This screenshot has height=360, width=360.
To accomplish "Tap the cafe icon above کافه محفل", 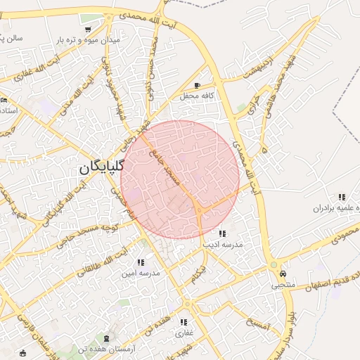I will tap(207, 85).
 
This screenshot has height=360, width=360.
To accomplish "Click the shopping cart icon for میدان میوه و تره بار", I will tap(87, 30).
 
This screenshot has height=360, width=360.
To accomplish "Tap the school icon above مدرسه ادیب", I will tap(222, 233).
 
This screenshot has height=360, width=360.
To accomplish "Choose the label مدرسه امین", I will tap(140, 271).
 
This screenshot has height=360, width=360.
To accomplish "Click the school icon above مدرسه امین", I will tap(141, 262).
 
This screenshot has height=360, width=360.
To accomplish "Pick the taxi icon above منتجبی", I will tap(283, 273).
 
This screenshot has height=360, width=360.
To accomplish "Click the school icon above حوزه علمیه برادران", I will tap(341, 198).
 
